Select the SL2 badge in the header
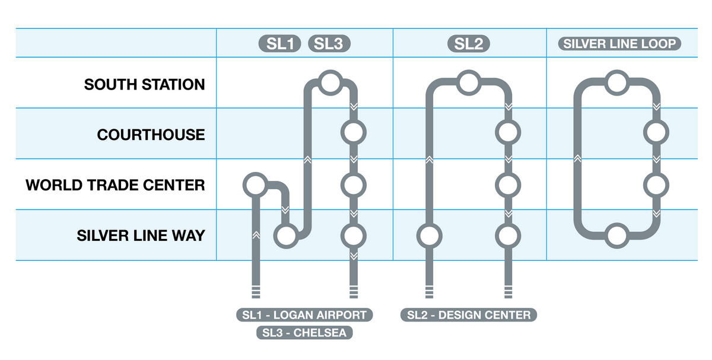pos(469,43)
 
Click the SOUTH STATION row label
pos(144,84)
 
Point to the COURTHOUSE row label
pos(151,135)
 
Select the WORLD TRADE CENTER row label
pos(115,185)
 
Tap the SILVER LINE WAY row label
pos(141,235)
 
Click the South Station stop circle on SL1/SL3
pos(329,82)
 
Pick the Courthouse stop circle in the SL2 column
pos(508,132)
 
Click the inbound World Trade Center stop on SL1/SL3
pos(255,185)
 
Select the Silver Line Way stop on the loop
pos(617,237)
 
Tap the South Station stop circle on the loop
pos(617,82)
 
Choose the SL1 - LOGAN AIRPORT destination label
pos(304,314)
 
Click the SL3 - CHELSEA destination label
pos(304,332)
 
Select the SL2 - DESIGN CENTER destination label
pos(469,314)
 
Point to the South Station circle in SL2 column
pos(468,82)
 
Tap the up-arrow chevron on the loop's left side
pos(577,159)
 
